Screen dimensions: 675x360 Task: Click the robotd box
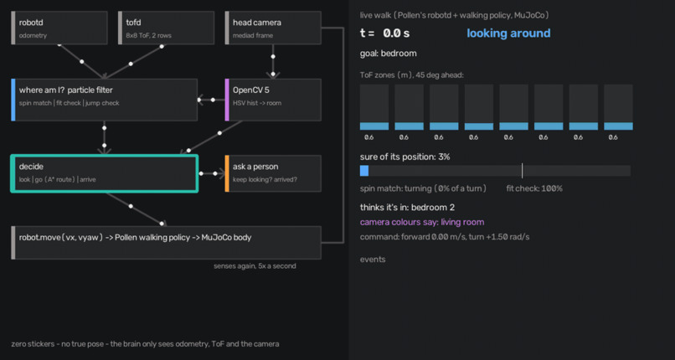coord(59,28)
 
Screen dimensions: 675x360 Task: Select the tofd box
coord(166,28)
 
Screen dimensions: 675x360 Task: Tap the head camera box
coord(273,28)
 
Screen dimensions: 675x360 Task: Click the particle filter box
coord(104,100)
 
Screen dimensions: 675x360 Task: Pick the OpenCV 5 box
coord(273,100)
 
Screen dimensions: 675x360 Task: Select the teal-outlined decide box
coord(104,173)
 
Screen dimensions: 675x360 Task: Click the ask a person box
coord(273,173)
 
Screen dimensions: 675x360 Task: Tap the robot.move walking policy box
coord(166,243)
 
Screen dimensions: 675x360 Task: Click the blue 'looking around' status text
coord(508,33)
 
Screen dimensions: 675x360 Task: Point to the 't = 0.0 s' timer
coord(385,33)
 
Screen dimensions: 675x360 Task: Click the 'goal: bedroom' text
coord(389,54)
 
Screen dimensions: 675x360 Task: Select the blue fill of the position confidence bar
coord(364,171)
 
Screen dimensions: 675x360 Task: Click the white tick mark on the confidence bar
coord(523,171)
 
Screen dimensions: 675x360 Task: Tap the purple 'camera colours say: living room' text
coord(422,223)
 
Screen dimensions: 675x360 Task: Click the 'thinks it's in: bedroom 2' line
coord(407,208)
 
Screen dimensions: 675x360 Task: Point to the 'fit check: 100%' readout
coord(534,188)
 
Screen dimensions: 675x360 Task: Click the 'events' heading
coord(373,260)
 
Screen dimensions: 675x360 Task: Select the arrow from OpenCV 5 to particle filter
coord(211,100)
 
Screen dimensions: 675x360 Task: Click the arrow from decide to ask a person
coord(211,173)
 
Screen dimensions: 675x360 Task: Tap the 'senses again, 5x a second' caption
coord(255,266)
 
